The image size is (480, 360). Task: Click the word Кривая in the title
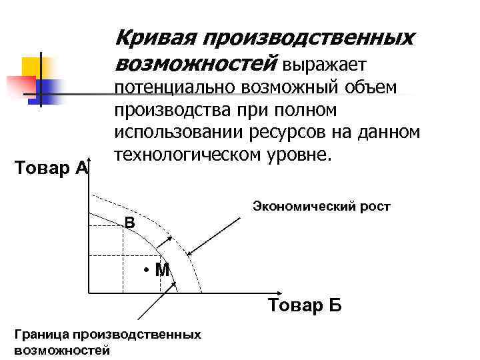coord(151,38)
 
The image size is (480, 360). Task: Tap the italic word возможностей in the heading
coord(195,64)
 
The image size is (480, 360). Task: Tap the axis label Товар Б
coord(305,306)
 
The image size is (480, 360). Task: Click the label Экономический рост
coord(321,207)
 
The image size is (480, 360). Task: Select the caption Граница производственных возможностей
coord(106,341)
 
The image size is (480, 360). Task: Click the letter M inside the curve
coord(161,270)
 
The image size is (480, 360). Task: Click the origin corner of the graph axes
coord(87,292)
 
